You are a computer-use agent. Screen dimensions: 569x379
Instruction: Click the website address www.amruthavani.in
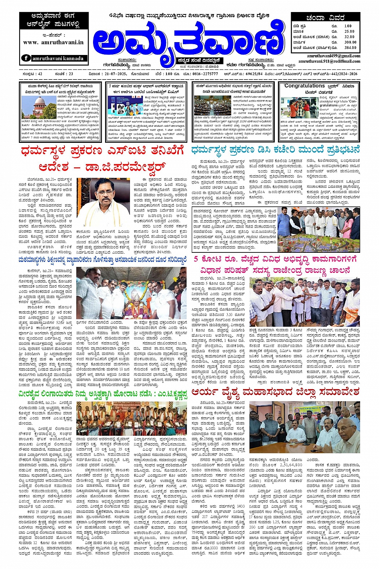tap(53, 42)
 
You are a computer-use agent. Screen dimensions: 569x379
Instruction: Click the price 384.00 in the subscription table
tap(350, 47)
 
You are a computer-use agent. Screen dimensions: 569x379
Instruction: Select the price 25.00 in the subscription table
tap(349, 31)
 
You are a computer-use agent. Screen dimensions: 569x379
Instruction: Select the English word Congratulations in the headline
tap(304, 86)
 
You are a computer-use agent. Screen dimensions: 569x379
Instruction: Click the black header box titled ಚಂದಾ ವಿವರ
tap(325, 18)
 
